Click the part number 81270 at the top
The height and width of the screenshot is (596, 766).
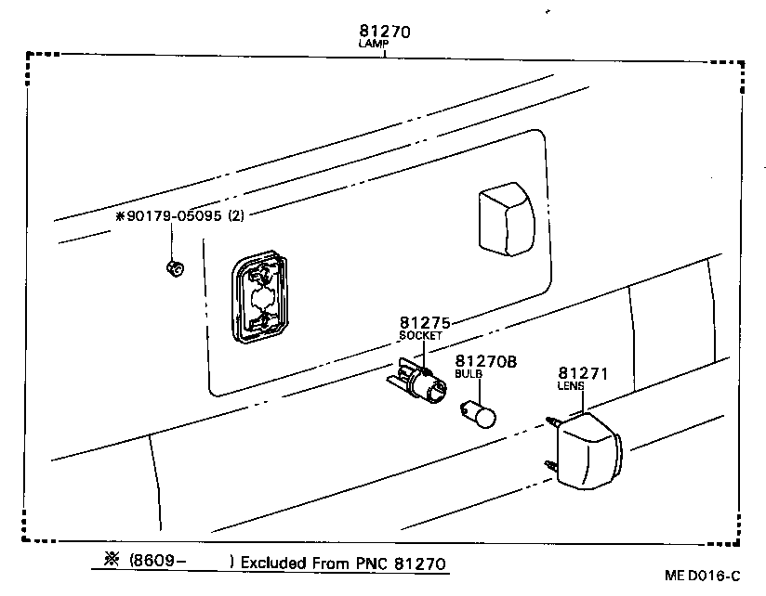click(x=384, y=32)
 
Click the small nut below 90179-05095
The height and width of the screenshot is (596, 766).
click(x=172, y=269)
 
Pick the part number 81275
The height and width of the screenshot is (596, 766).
click(x=425, y=323)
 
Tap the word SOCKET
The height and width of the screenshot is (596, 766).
click(x=419, y=335)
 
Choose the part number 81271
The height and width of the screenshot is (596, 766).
click(x=582, y=373)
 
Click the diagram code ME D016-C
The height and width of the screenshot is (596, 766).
click(x=703, y=576)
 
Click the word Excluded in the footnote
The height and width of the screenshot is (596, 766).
click(x=274, y=563)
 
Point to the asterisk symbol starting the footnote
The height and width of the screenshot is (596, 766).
click(x=112, y=561)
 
